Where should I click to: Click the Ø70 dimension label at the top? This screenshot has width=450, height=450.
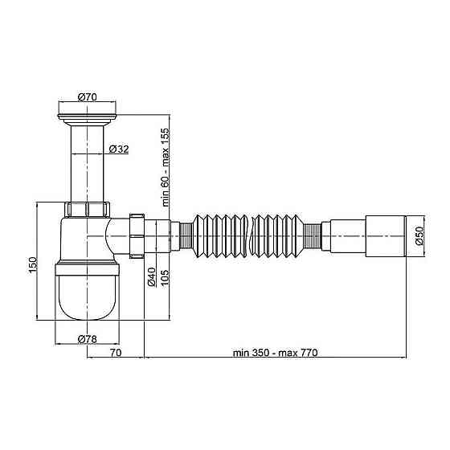[x=88, y=97]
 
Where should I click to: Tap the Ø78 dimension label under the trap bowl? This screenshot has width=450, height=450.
[x=88, y=339]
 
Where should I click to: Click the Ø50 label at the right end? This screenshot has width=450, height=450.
[x=419, y=236]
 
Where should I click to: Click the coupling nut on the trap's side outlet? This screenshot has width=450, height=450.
[x=136, y=236]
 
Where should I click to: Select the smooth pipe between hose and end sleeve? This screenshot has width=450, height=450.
[x=346, y=236]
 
